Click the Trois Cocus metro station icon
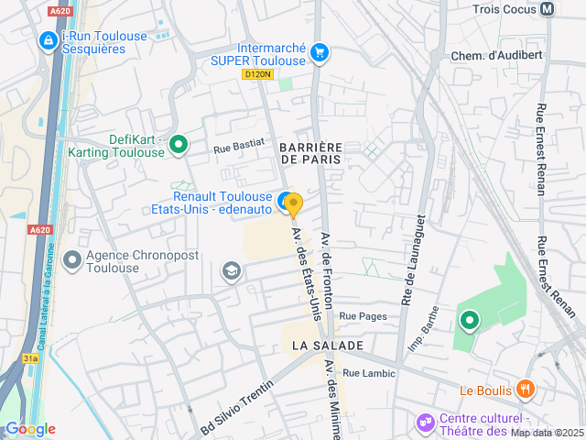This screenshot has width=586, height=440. coord(548,9)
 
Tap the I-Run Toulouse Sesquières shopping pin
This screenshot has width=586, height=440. coord(48,40)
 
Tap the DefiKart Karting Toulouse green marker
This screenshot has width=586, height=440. coord(179,144)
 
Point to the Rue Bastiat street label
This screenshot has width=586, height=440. coord(238,144)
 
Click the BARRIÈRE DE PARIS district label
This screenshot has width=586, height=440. coord(310,153)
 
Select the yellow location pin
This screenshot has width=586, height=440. coord(293,204)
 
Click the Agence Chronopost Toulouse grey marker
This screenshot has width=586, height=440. coord(71,261)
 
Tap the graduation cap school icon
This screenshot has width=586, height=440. coord(231,270)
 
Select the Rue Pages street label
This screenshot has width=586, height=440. coord(363,316)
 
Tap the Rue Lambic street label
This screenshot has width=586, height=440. coord(369,373)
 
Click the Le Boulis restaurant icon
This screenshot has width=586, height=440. coord(525,390)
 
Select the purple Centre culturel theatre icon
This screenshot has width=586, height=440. coord(425,423)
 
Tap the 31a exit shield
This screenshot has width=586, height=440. coord(31,358)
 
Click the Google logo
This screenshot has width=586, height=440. coord(29,429)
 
